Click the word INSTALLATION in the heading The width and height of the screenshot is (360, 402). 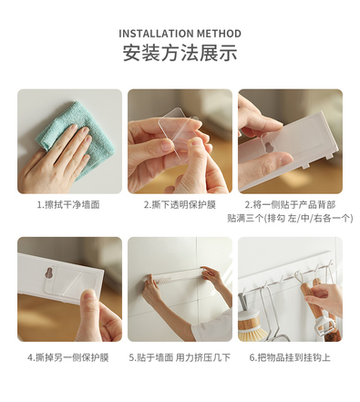(x=156, y=34)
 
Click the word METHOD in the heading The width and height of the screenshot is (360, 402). (x=219, y=34)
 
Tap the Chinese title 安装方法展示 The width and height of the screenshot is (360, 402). (x=180, y=53)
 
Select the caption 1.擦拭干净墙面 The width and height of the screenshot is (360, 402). (x=68, y=205)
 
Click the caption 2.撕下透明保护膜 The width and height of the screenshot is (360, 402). (x=180, y=205)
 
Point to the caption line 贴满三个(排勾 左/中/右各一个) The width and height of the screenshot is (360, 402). (x=290, y=218)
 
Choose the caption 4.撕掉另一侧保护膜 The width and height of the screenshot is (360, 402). (x=68, y=357)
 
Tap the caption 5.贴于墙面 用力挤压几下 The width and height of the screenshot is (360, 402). (x=180, y=357)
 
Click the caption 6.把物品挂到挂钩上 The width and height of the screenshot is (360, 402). (x=290, y=357)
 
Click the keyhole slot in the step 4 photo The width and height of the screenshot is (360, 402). (x=50, y=273)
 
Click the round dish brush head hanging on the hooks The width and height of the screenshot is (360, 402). (x=249, y=325)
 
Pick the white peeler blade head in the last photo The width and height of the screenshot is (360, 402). (x=324, y=325)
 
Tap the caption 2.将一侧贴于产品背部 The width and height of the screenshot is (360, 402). (x=290, y=205)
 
